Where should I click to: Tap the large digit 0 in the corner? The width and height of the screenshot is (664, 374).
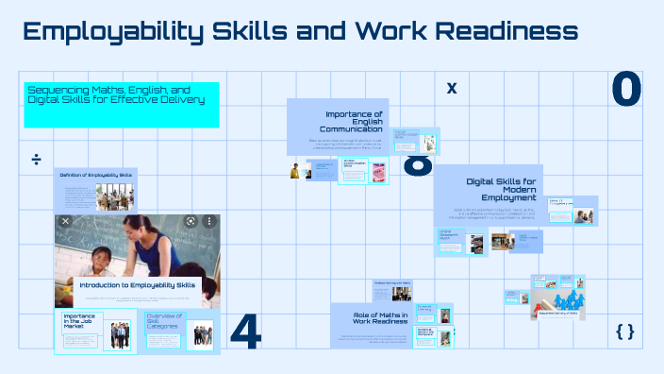tap(626, 89)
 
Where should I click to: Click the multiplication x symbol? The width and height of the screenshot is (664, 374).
tap(452, 89)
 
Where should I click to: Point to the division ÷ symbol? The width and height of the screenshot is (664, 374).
tap(36, 158)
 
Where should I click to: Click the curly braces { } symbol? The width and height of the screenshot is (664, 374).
tap(624, 331)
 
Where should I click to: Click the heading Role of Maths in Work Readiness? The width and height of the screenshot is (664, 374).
tap(380, 319)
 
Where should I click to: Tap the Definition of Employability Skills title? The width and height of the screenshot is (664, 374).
tap(97, 176)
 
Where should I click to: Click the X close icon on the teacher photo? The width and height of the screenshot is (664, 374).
tap(66, 221)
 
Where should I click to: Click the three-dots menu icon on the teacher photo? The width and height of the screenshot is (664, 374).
tap(208, 221)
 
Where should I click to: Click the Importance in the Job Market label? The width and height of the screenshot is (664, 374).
tap(79, 321)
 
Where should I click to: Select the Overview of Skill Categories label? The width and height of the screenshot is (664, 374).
tap(164, 321)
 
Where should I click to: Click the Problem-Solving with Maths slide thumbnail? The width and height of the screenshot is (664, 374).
tap(391, 289)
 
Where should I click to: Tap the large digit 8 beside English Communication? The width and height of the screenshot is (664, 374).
tap(418, 163)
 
